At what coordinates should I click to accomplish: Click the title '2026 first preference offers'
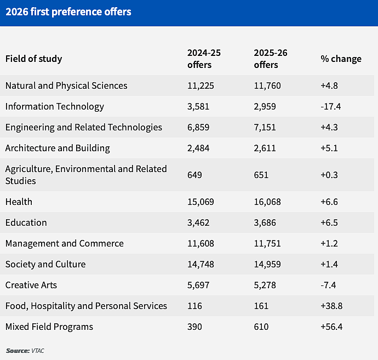(68, 12)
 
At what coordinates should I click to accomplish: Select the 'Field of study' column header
(34, 59)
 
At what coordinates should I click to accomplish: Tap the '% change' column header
(341, 59)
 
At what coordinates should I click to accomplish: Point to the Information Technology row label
(55, 107)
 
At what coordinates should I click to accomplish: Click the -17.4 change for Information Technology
(330, 107)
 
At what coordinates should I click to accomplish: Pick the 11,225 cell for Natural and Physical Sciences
(201, 86)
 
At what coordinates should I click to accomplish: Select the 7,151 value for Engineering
(265, 127)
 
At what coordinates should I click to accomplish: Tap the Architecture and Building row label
(58, 148)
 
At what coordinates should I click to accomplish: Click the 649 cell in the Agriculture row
(194, 175)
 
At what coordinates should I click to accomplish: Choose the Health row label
(19, 202)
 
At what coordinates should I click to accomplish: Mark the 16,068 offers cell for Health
(267, 202)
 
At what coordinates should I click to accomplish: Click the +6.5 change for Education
(329, 223)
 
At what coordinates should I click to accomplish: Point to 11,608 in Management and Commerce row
(201, 243)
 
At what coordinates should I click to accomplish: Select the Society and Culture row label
(45, 265)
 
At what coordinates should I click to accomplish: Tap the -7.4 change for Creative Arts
(328, 285)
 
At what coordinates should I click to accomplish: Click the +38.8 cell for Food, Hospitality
(331, 306)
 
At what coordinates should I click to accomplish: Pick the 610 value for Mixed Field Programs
(261, 327)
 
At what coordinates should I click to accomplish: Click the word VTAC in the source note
(38, 351)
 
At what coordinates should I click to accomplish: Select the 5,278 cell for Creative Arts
(265, 285)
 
